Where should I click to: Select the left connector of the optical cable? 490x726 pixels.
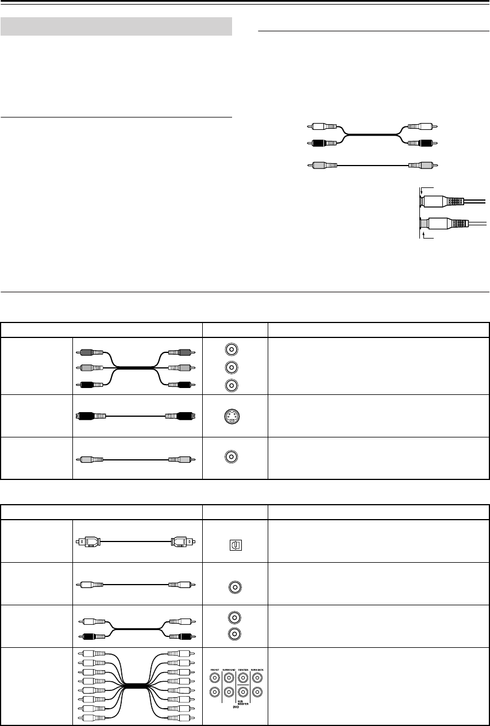point(89,541)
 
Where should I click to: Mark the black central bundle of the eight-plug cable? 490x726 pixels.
point(136,685)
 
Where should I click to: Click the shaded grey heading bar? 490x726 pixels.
point(116,26)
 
